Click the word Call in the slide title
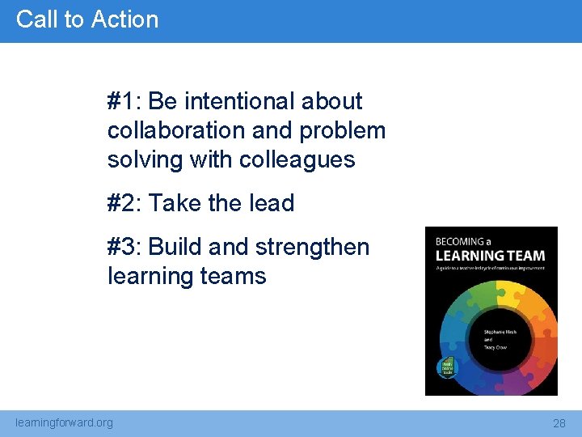(34, 19)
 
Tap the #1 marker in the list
(123, 102)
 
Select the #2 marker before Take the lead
(123, 203)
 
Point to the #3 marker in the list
(123, 247)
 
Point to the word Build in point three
(175, 247)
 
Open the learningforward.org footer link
(65, 422)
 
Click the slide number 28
(559, 423)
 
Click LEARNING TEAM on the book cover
(491, 256)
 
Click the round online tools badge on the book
(446, 367)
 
